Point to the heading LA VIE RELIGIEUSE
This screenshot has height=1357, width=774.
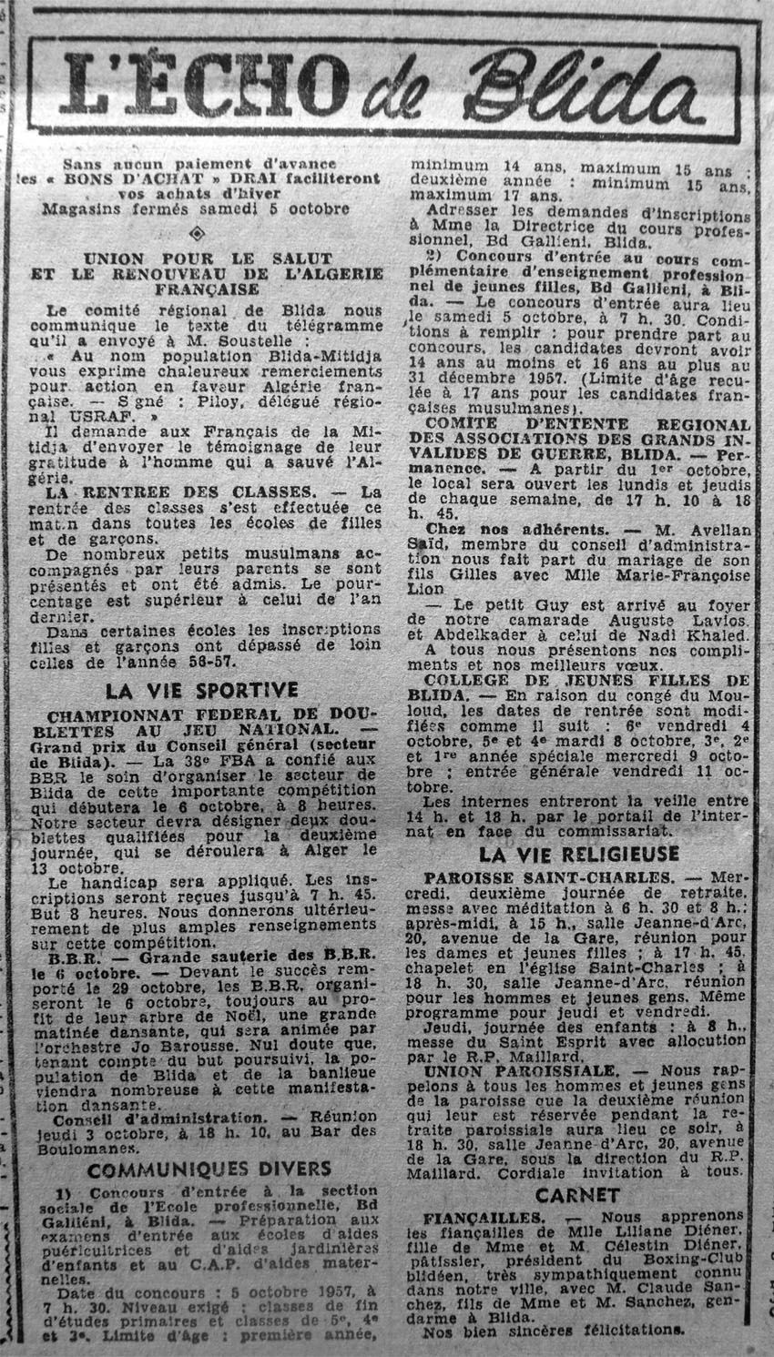579,854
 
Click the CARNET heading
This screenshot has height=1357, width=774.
577,1196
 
